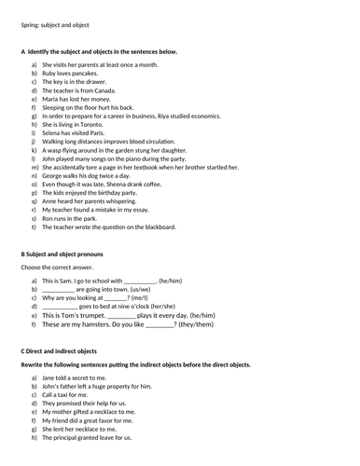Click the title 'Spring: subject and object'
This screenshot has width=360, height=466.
pyautogui.click(x=56, y=28)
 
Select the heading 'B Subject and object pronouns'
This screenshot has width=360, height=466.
pyautogui.click(x=62, y=254)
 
